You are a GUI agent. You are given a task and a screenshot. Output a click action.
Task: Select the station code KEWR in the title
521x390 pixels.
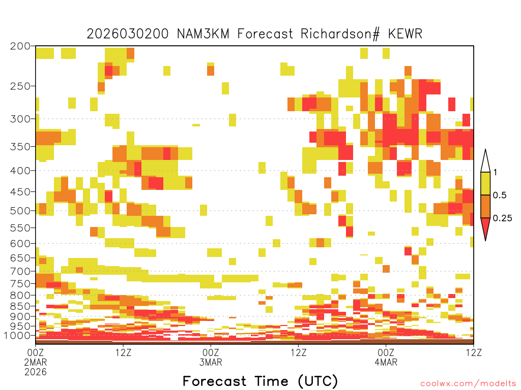pyautogui.click(x=405, y=34)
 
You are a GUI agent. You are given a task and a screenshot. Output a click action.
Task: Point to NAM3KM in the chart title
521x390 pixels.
pyautogui.click(x=203, y=34)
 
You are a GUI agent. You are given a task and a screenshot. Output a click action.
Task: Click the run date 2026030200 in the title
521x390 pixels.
pyautogui.click(x=128, y=34)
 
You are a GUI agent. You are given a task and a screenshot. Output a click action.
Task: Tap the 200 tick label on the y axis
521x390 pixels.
pyautogui.click(x=20, y=46)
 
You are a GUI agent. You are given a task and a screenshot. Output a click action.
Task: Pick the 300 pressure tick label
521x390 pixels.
pyautogui.click(x=20, y=119)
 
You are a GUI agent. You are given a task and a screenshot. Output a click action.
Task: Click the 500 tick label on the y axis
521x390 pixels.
pyautogui.click(x=20, y=211)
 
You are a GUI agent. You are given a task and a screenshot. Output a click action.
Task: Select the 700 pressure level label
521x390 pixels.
pyautogui.click(x=20, y=271)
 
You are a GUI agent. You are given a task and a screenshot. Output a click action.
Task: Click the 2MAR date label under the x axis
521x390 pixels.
pyautogui.click(x=36, y=362)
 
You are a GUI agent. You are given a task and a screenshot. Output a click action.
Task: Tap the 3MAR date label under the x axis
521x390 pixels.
pyautogui.click(x=211, y=362)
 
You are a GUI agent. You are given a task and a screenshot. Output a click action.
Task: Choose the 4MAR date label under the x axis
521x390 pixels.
pyautogui.click(x=386, y=362)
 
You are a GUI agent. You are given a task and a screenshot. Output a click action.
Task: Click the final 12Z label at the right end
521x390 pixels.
pyautogui.click(x=474, y=352)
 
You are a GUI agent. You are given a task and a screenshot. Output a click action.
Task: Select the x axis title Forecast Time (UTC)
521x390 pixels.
pyautogui.click(x=260, y=381)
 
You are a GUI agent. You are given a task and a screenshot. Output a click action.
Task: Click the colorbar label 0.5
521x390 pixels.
pyautogui.click(x=500, y=196)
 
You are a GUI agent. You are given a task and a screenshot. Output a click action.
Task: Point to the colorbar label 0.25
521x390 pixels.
pyautogui.click(x=502, y=218)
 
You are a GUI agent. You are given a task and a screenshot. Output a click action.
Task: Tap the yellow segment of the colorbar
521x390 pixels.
pyautogui.click(x=485, y=183)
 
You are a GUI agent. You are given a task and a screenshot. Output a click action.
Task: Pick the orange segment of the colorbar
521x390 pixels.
pyautogui.click(x=485, y=206)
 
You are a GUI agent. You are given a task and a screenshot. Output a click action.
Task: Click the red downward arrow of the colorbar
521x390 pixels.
pyautogui.click(x=485, y=227)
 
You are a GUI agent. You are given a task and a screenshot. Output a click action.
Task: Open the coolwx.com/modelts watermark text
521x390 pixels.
pyautogui.click(x=468, y=384)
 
